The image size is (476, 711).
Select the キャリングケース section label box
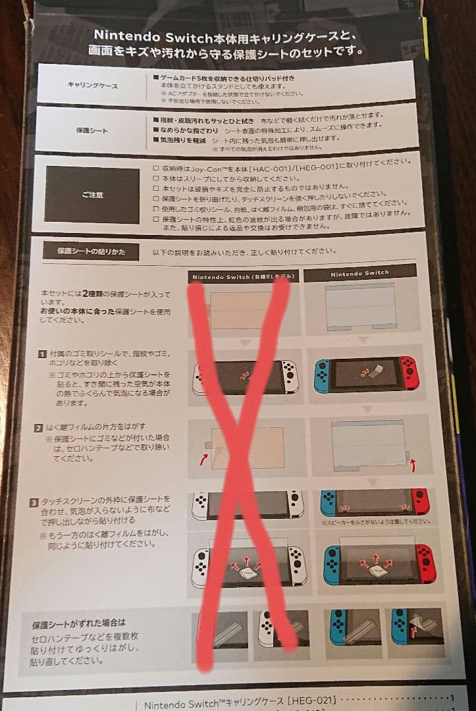coord(92,84)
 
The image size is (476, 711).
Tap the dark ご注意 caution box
coord(92,194)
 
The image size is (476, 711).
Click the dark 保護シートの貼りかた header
coord(91,251)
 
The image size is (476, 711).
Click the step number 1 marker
coord(42,354)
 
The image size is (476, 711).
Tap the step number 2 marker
coord(39,427)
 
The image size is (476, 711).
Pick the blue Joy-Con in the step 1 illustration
coord(322,377)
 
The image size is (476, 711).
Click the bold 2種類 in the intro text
coord(90,293)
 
